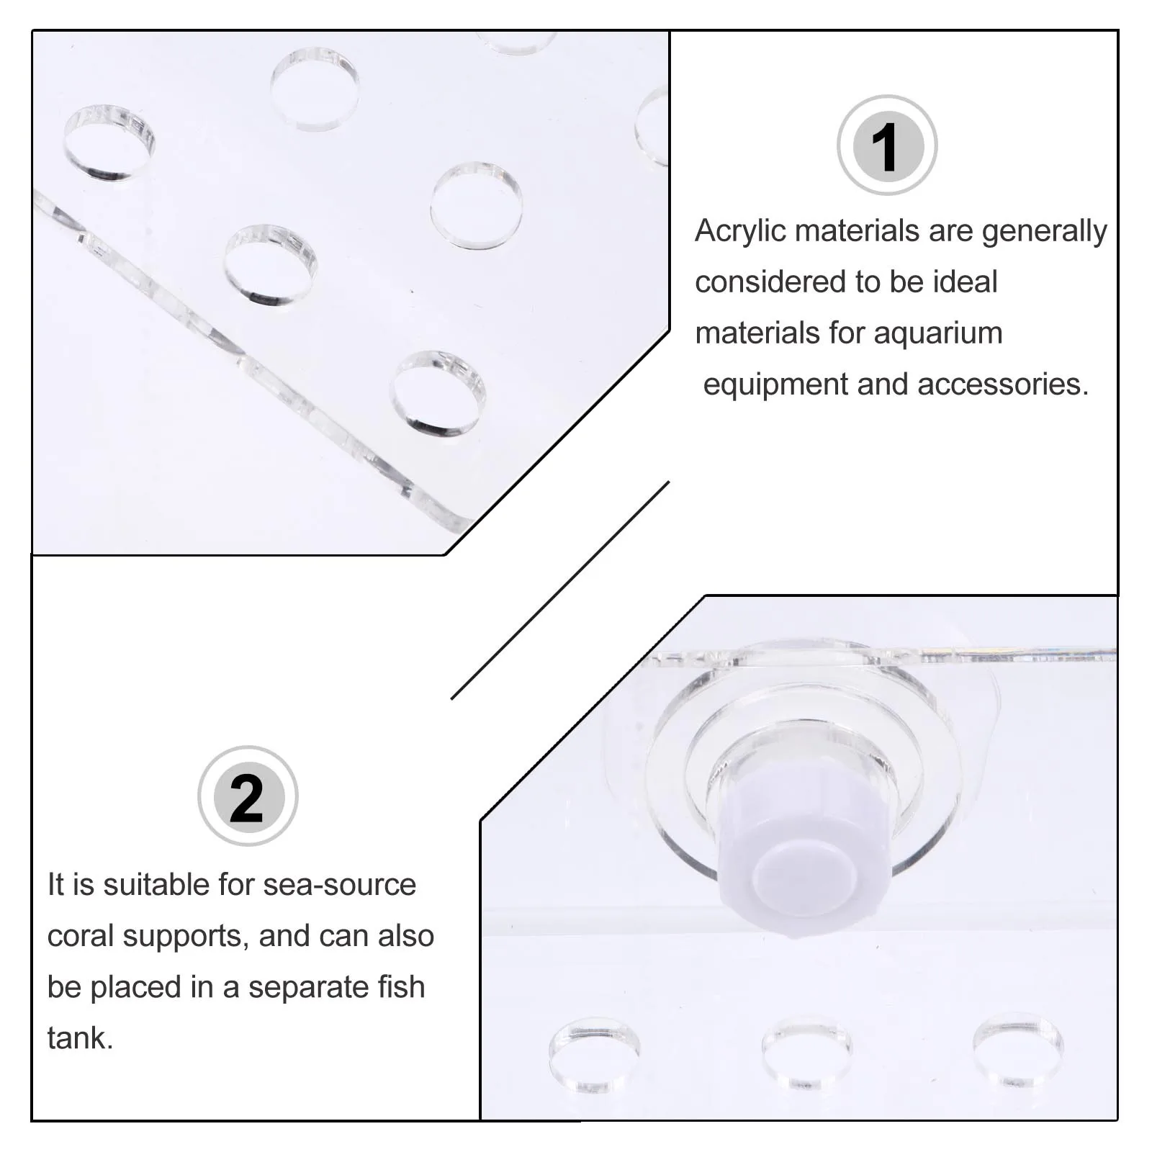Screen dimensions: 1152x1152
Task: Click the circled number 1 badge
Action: point(887,145)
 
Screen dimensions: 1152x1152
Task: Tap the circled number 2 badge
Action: point(248,796)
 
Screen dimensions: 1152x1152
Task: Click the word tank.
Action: point(80,1039)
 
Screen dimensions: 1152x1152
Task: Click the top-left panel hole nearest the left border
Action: point(109,143)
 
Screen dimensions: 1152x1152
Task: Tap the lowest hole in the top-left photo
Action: point(438,394)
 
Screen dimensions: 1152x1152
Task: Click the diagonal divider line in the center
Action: point(560,590)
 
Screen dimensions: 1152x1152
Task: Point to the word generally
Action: point(1044,232)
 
